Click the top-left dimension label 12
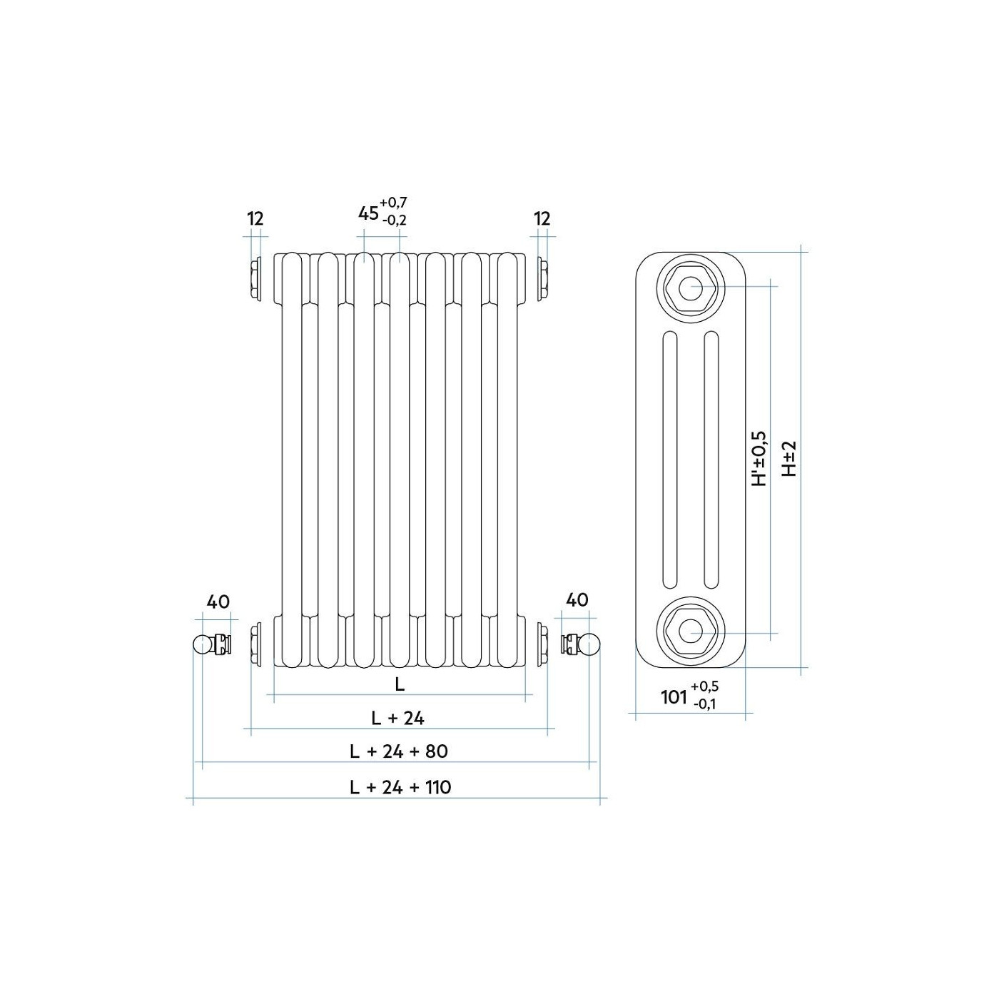click(255, 219)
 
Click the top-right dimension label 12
click(542, 219)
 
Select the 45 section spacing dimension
click(368, 213)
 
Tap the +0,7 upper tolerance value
click(393, 201)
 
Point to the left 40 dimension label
click(218, 602)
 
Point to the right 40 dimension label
click(577, 600)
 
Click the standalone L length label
click(399, 685)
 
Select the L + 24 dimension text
click(398, 719)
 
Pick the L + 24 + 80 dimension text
click(399, 751)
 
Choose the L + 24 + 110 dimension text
click(400, 788)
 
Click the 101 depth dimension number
click(674, 697)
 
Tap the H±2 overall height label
click(788, 459)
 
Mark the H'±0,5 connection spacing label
click(759, 459)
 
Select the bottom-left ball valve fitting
click(212, 644)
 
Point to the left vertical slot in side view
click(669, 460)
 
